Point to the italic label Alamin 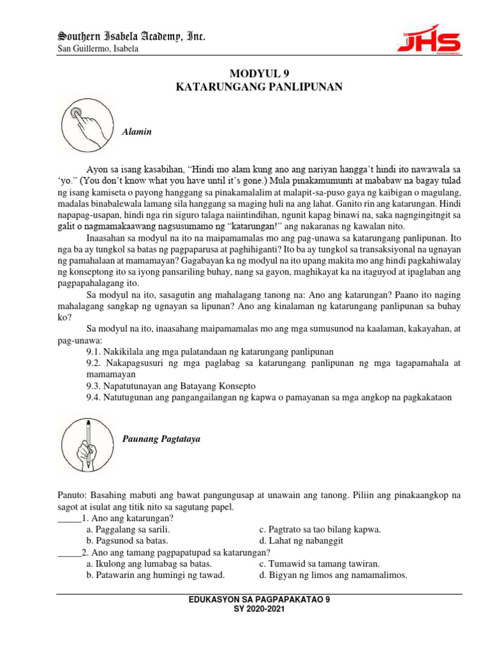pyautogui.click(x=135, y=132)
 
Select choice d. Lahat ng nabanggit pyautogui.click(x=301, y=541)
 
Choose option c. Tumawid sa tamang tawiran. pyautogui.click(x=319, y=564)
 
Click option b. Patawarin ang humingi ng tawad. pyautogui.click(x=155, y=575)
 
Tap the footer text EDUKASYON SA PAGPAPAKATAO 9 pyautogui.click(x=260, y=600)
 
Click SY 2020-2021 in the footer pyautogui.click(x=260, y=609)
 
